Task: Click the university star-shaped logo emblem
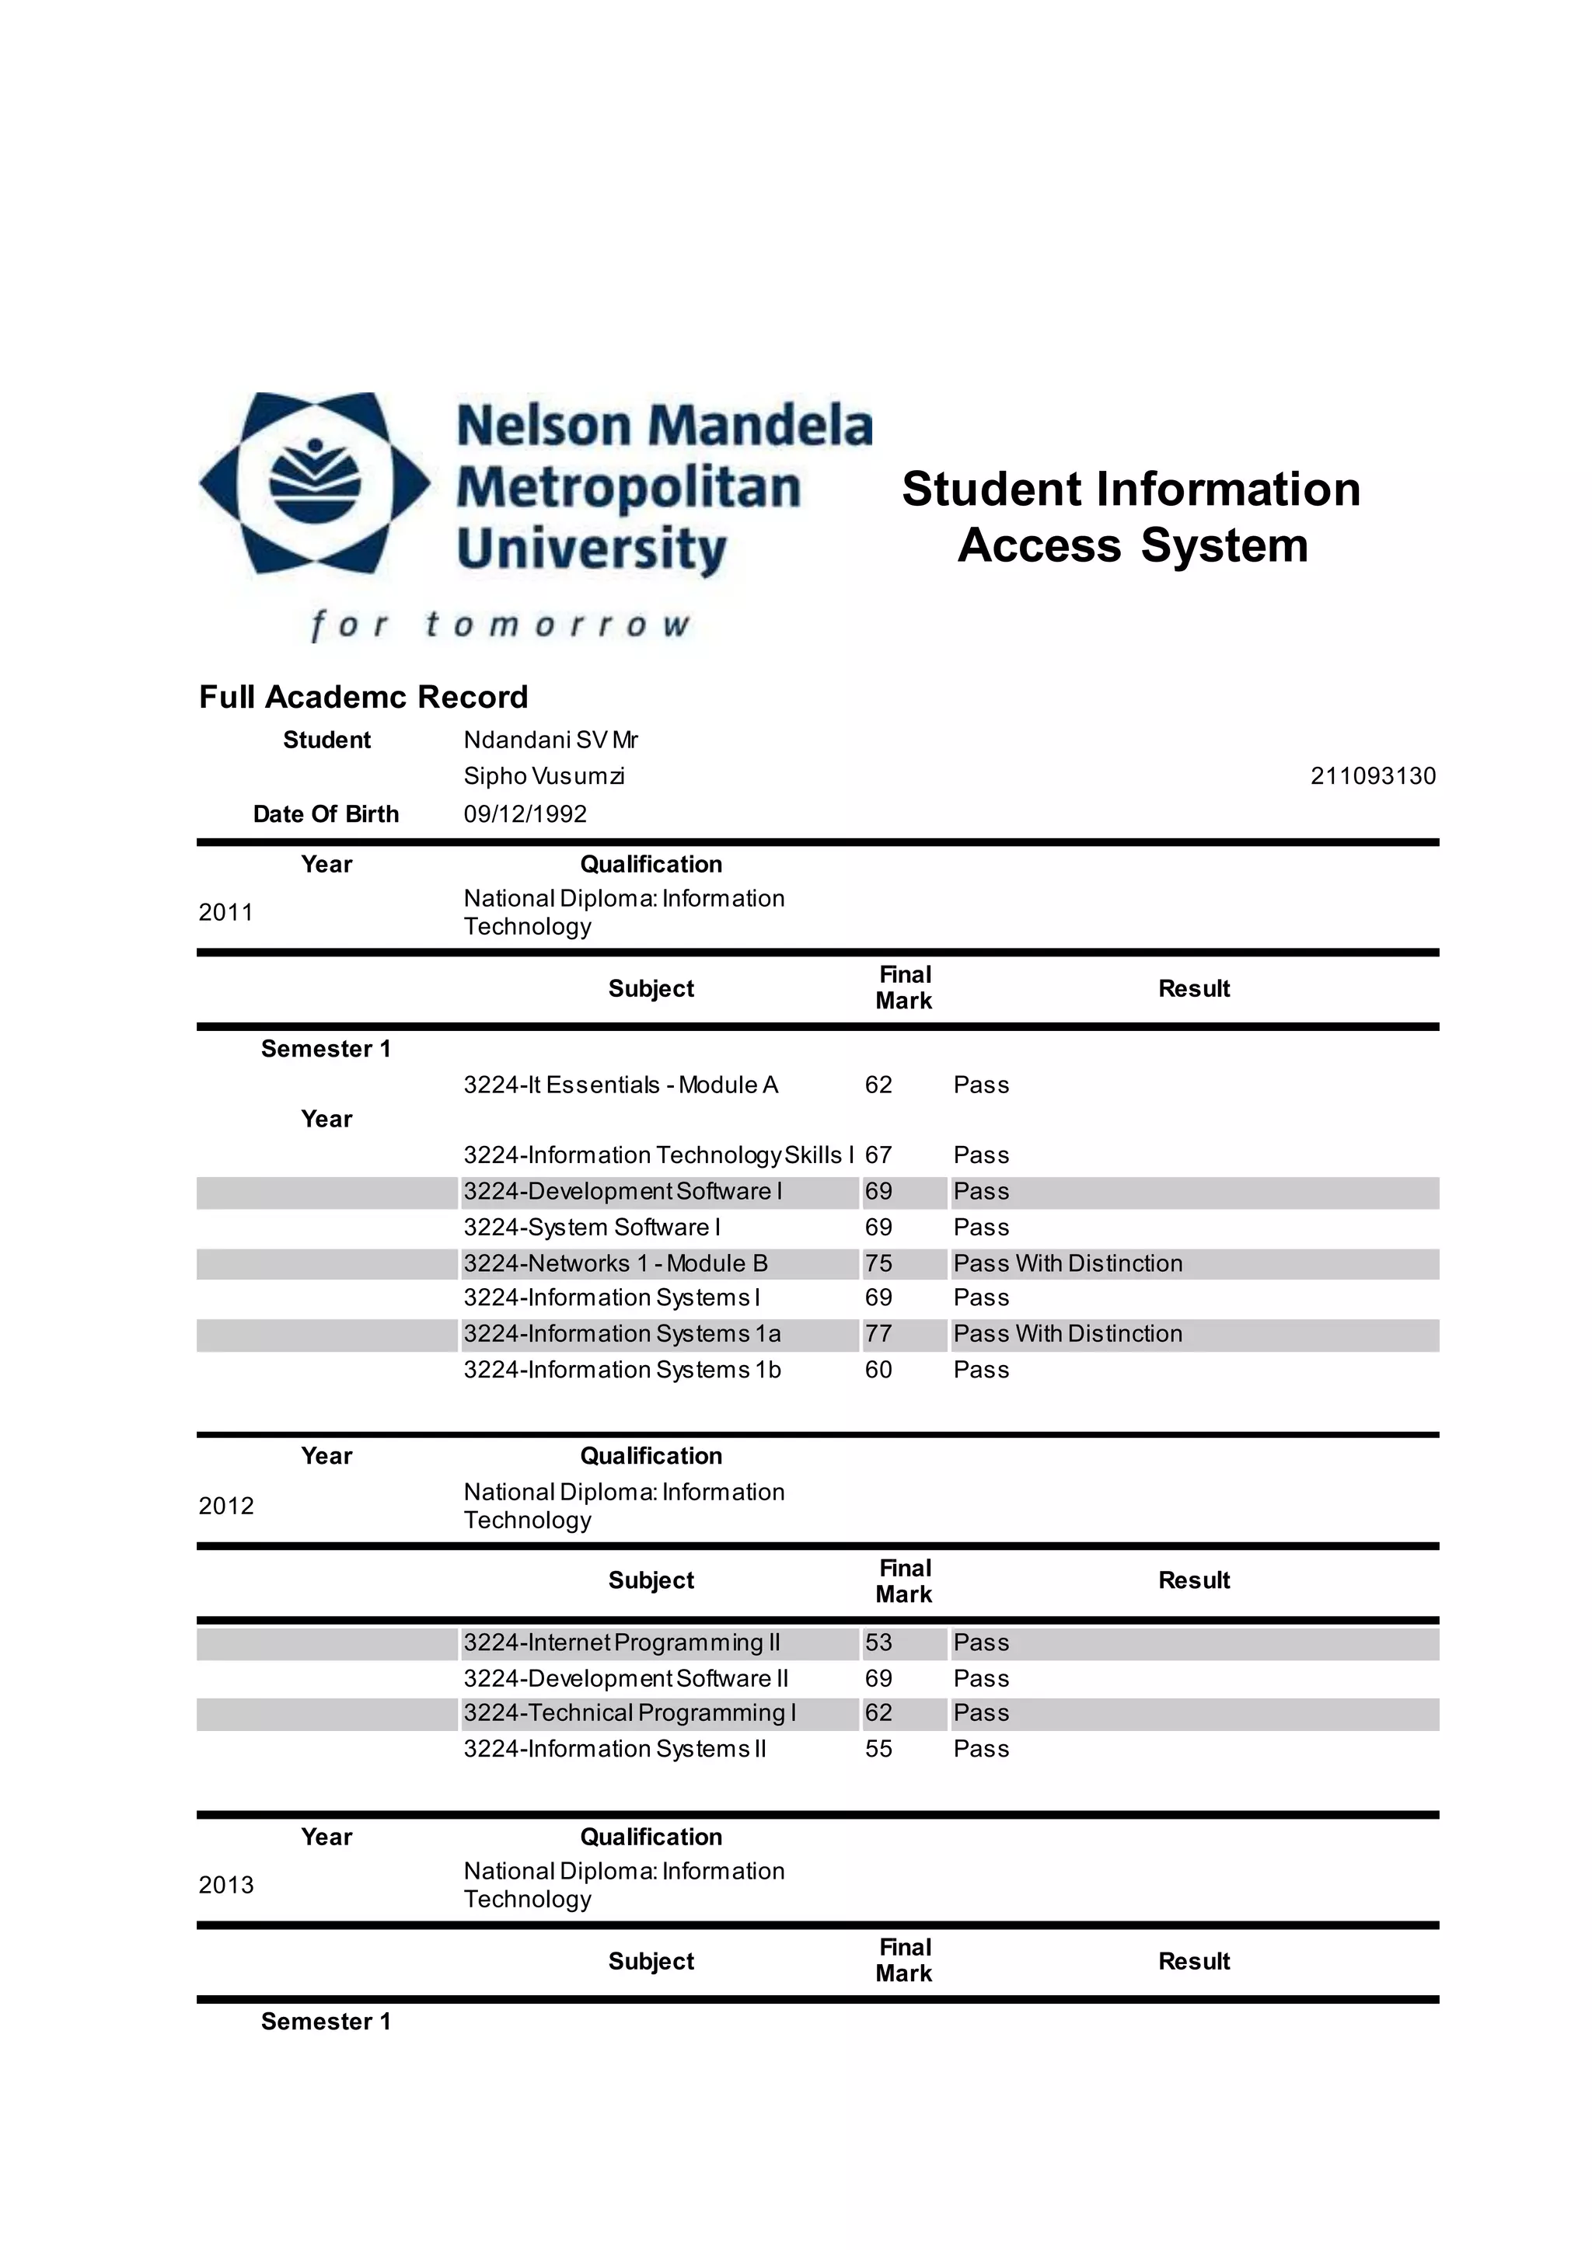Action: coord(315,483)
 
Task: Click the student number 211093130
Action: coord(1373,776)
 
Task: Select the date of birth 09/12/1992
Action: coord(525,814)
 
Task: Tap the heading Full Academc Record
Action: coord(363,697)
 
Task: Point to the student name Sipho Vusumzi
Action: coord(544,776)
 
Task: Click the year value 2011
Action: coord(225,912)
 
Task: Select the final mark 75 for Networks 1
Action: coord(878,1263)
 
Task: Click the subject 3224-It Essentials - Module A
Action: coord(620,1085)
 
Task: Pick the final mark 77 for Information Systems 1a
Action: coord(878,1334)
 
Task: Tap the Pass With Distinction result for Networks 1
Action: coord(1067,1263)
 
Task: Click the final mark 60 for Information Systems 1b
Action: coord(878,1370)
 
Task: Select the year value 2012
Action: coord(225,1506)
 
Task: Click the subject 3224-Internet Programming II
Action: coord(622,1642)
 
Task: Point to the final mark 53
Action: coord(878,1642)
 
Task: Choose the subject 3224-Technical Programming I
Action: coord(630,1713)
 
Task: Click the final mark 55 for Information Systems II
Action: coord(878,1749)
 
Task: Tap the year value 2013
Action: coord(225,1886)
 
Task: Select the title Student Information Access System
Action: coord(1131,517)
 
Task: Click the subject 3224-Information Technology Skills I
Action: coord(658,1155)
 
